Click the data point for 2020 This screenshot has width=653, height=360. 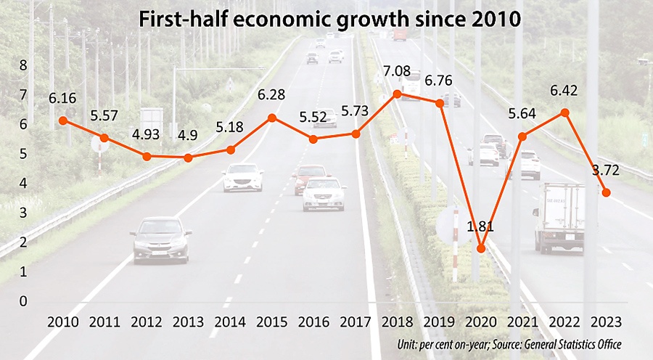coord(481,249)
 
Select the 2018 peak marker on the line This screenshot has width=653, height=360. coord(397,94)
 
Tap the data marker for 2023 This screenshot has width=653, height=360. coord(607,192)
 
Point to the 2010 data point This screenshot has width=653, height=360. coord(63,120)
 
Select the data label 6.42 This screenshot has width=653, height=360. coord(565,91)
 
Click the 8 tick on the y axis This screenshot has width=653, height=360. coord(22,65)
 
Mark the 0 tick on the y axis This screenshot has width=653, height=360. coord(22,300)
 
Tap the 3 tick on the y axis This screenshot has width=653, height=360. coord(22,213)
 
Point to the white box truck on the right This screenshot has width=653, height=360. coord(559,216)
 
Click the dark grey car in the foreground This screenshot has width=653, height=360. coord(161,239)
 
